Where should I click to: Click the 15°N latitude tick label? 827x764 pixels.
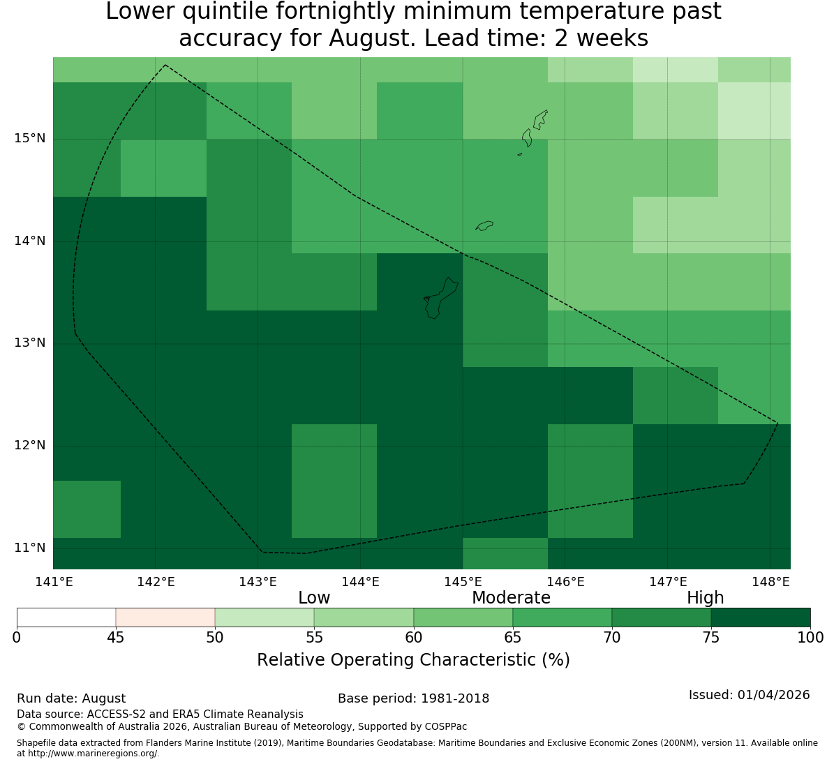[x=29, y=139]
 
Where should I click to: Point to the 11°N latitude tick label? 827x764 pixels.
[x=29, y=548]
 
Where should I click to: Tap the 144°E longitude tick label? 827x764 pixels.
[x=360, y=582]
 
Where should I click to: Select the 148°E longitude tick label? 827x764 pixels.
[x=770, y=582]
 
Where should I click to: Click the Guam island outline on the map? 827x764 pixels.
[x=441, y=299]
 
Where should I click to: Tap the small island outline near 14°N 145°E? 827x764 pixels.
[x=484, y=225]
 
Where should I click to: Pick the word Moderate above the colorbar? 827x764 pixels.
[x=511, y=598]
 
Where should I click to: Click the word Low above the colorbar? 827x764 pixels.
[x=314, y=598]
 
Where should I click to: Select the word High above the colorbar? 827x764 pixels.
[x=705, y=598]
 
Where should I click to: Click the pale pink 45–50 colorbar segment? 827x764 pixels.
[x=165, y=617]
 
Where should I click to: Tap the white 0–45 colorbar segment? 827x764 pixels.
[x=66, y=617]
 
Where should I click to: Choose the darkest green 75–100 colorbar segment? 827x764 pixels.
[x=761, y=617]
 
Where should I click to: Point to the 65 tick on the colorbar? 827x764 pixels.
[x=513, y=638]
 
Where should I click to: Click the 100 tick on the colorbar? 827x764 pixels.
[x=811, y=638]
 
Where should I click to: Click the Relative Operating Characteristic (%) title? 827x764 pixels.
[x=413, y=660]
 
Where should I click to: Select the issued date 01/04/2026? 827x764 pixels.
[x=774, y=695]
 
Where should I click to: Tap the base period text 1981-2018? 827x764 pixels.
[x=454, y=698]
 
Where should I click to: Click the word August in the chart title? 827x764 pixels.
[x=373, y=38]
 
